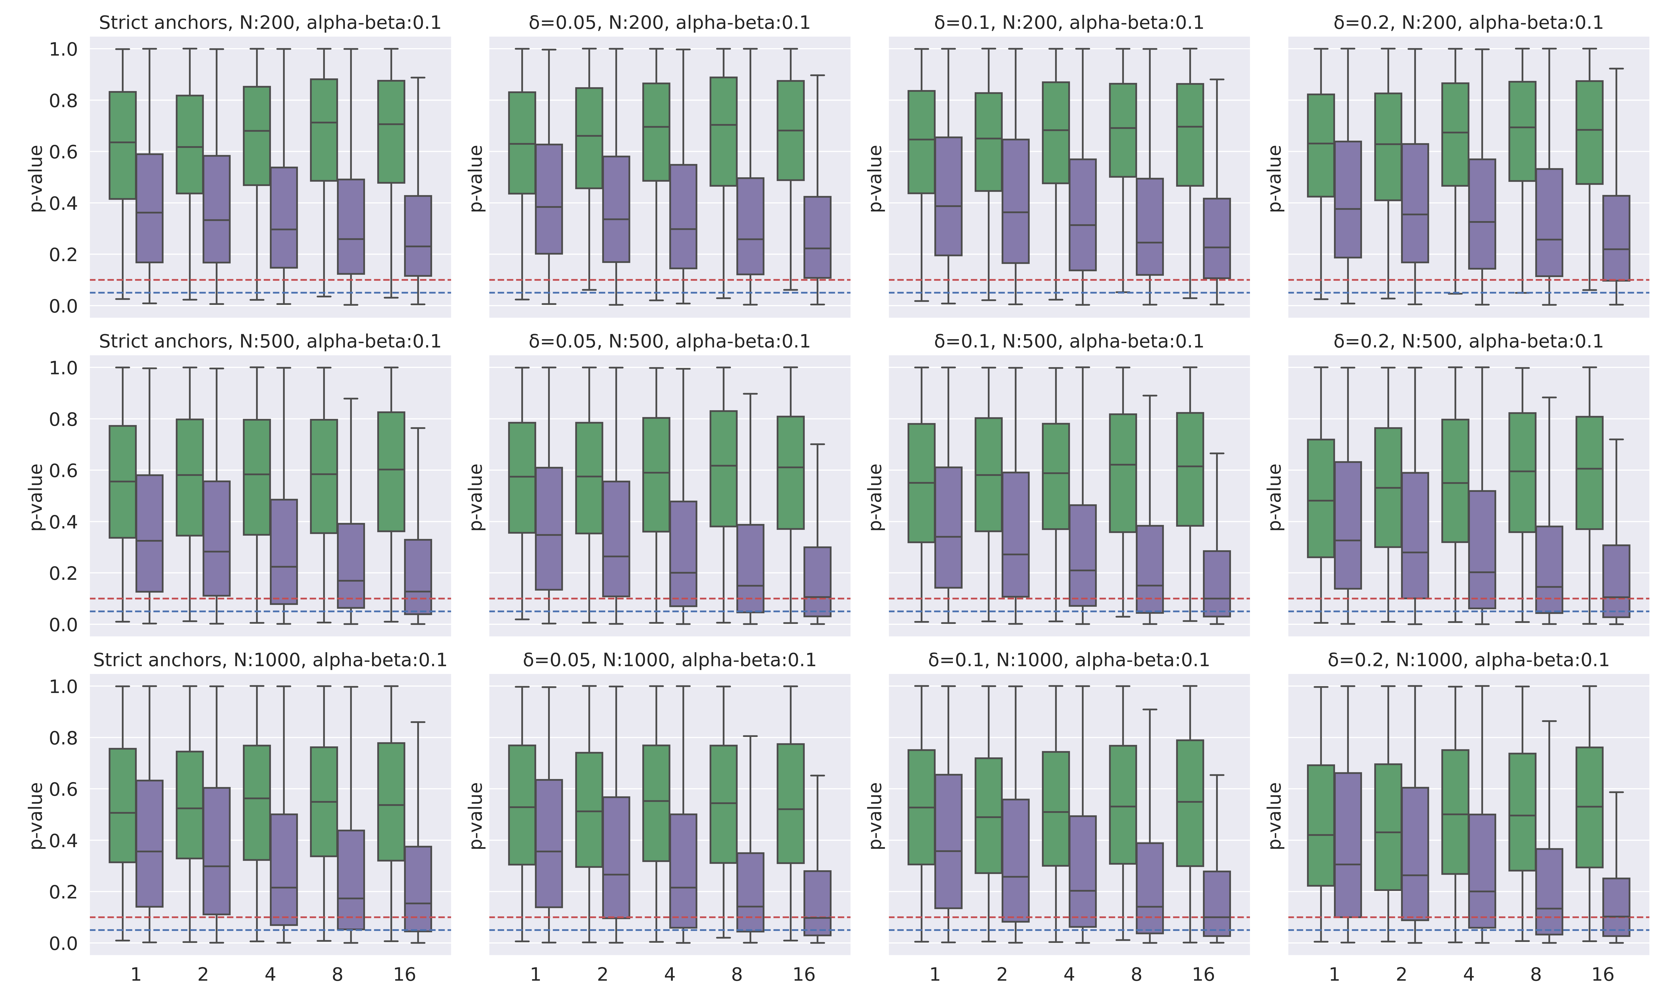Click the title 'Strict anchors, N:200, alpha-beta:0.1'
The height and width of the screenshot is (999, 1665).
[x=270, y=23]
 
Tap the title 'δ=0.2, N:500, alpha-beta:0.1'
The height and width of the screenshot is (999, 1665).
[x=1469, y=341]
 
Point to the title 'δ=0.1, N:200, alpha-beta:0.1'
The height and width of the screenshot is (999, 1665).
[x=1069, y=23]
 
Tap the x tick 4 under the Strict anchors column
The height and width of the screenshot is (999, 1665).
[x=270, y=975]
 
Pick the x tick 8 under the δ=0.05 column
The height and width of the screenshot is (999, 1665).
[x=736, y=975]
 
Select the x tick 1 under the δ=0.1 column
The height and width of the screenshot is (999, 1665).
[x=935, y=975]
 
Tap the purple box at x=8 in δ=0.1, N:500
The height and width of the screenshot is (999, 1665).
[x=1150, y=569]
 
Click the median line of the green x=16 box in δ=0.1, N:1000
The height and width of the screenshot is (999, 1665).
[x=1190, y=802]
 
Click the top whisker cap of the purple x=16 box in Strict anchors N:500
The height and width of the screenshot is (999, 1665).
[x=418, y=428]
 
